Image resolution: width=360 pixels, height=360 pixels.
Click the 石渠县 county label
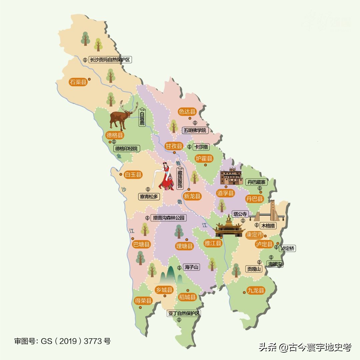click(78, 82)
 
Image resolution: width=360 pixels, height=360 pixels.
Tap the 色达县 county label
click(187, 112)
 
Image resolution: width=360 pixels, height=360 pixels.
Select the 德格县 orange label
click(115, 135)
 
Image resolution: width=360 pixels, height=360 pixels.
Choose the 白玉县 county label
click(133, 174)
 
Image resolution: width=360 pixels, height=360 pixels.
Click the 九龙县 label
click(256, 290)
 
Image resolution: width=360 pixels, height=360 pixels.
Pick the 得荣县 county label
click(143, 301)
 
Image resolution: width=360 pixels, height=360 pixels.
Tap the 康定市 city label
click(254, 235)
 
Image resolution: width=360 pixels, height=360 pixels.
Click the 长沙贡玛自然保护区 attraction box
click(110, 60)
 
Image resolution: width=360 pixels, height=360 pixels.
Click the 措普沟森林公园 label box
click(168, 218)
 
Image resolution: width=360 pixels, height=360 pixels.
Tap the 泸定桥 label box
click(288, 248)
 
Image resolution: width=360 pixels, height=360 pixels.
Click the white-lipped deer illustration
click(122, 116)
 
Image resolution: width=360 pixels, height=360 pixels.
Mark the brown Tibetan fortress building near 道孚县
click(231, 177)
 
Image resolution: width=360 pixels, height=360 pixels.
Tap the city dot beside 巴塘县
click(132, 239)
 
